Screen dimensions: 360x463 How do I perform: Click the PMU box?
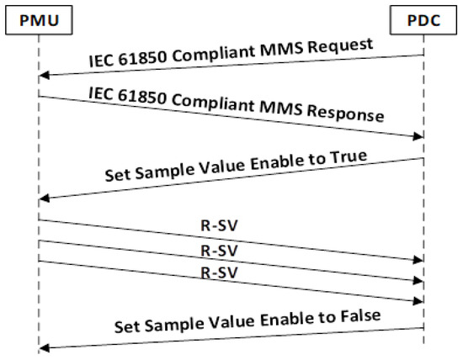click(38, 18)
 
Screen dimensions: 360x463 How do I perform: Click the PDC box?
click(423, 18)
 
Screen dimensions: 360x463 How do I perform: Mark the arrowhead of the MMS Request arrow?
click(44, 77)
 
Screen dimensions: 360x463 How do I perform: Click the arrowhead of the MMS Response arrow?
click(418, 135)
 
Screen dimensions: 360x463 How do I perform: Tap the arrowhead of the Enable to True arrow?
click(44, 198)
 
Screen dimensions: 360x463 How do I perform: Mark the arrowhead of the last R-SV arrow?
click(418, 301)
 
